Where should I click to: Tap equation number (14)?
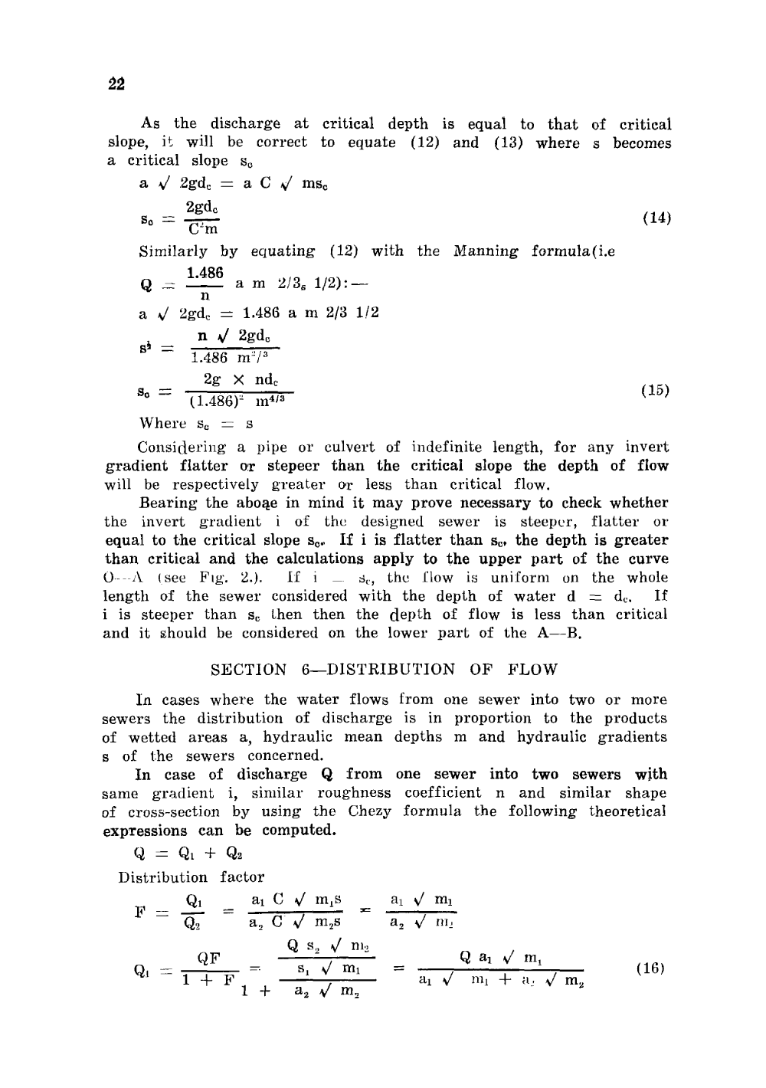pyautogui.click(x=656, y=218)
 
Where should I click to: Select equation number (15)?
pyautogui.click(x=656, y=390)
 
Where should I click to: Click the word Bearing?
pyautogui.click(x=168, y=503)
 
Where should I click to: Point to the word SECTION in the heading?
pyautogui.click(x=248, y=669)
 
